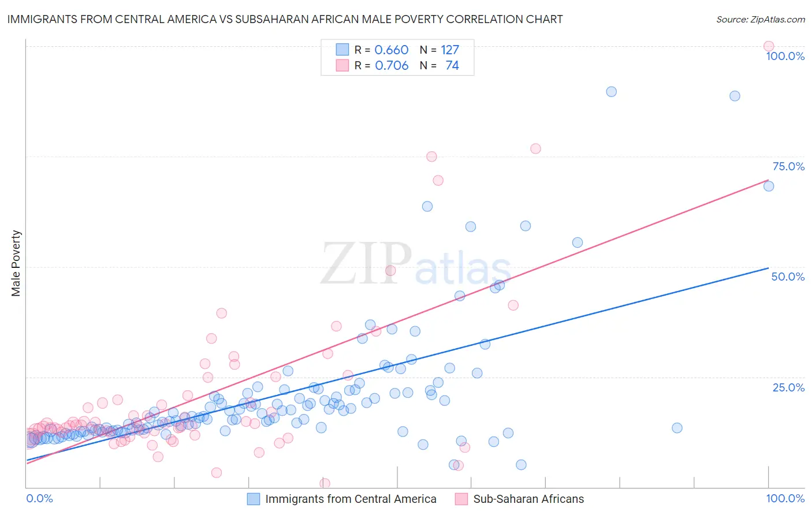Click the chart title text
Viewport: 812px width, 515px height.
[285, 20]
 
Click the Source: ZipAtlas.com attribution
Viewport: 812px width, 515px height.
[760, 20]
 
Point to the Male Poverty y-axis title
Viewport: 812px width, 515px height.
[16, 263]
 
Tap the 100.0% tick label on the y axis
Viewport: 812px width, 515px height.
[785, 56]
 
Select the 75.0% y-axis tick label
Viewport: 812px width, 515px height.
[788, 166]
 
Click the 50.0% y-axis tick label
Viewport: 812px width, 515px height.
[788, 277]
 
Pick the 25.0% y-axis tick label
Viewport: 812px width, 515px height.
[788, 387]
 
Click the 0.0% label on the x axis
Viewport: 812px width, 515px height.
[39, 498]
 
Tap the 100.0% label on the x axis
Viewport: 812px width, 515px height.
[785, 498]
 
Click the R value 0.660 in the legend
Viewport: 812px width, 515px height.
[392, 50]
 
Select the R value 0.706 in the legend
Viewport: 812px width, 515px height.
[392, 66]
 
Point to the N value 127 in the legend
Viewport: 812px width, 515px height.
[450, 50]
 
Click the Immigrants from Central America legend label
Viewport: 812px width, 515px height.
[351, 499]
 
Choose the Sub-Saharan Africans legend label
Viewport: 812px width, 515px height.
[528, 499]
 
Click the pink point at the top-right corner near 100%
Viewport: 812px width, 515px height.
[768, 46]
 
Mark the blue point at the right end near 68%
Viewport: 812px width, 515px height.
[768, 186]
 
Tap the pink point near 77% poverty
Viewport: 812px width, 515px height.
[535, 148]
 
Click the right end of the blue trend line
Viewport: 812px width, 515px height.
[768, 268]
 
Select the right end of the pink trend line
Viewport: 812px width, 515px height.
[768, 180]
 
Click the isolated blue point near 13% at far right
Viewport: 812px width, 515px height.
[677, 428]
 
